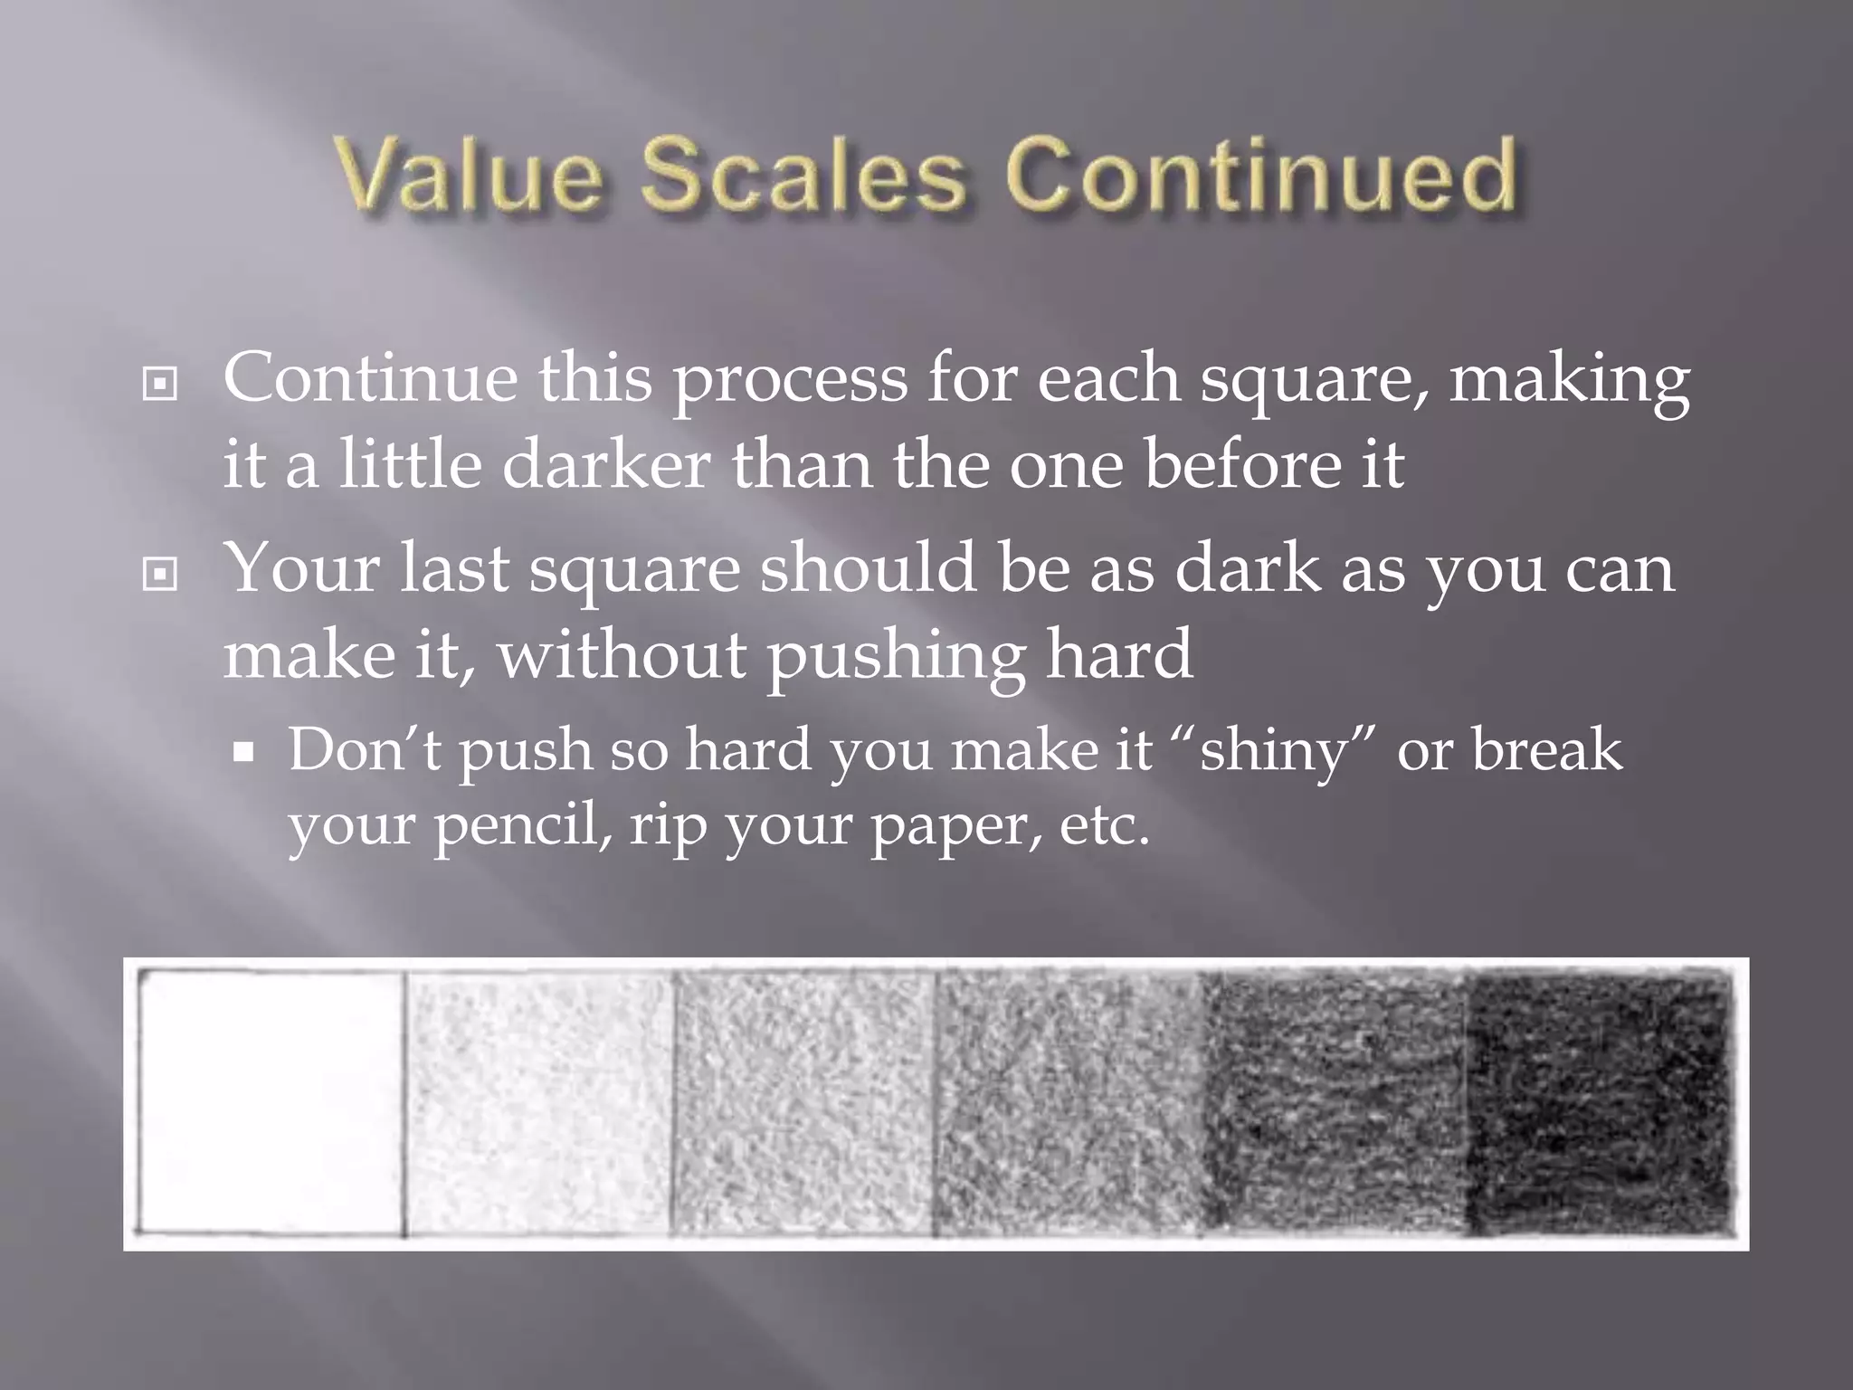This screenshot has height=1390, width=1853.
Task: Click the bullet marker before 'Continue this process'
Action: (160, 386)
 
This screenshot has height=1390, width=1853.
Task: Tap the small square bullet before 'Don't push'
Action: (243, 751)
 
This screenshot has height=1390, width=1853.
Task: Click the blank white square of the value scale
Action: (271, 1102)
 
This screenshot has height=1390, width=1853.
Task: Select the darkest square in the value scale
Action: (1597, 1102)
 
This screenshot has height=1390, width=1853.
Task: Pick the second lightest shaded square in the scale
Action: (538, 1102)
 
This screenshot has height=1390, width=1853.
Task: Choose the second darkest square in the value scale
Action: (1335, 1102)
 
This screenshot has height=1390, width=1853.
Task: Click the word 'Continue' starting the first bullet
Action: (370, 378)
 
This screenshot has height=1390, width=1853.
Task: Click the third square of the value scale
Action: (803, 1102)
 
